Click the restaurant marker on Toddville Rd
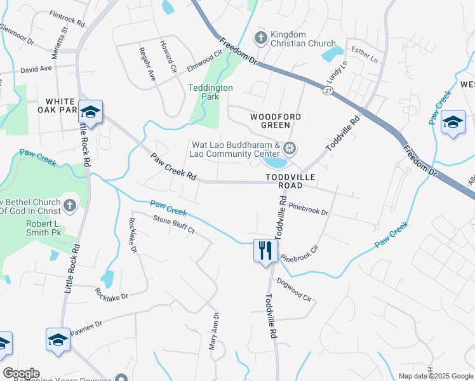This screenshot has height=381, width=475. (265, 250)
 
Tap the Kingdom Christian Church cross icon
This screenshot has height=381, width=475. (260, 39)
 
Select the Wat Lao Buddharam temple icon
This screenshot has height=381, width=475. (290, 149)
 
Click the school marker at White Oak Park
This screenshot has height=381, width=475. (90, 112)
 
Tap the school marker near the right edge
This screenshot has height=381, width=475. (453, 122)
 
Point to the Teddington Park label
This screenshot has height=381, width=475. (211, 92)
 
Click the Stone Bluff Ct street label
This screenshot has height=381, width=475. (173, 225)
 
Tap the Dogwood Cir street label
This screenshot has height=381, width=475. (294, 290)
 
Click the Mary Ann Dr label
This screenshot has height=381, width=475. (214, 331)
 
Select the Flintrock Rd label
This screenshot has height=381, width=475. (67, 18)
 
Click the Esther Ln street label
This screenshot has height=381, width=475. (364, 55)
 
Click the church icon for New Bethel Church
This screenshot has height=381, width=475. (70, 205)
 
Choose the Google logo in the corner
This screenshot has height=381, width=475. (21, 373)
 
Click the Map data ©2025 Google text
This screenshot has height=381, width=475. (435, 376)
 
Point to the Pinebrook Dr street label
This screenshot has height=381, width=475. (308, 209)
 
